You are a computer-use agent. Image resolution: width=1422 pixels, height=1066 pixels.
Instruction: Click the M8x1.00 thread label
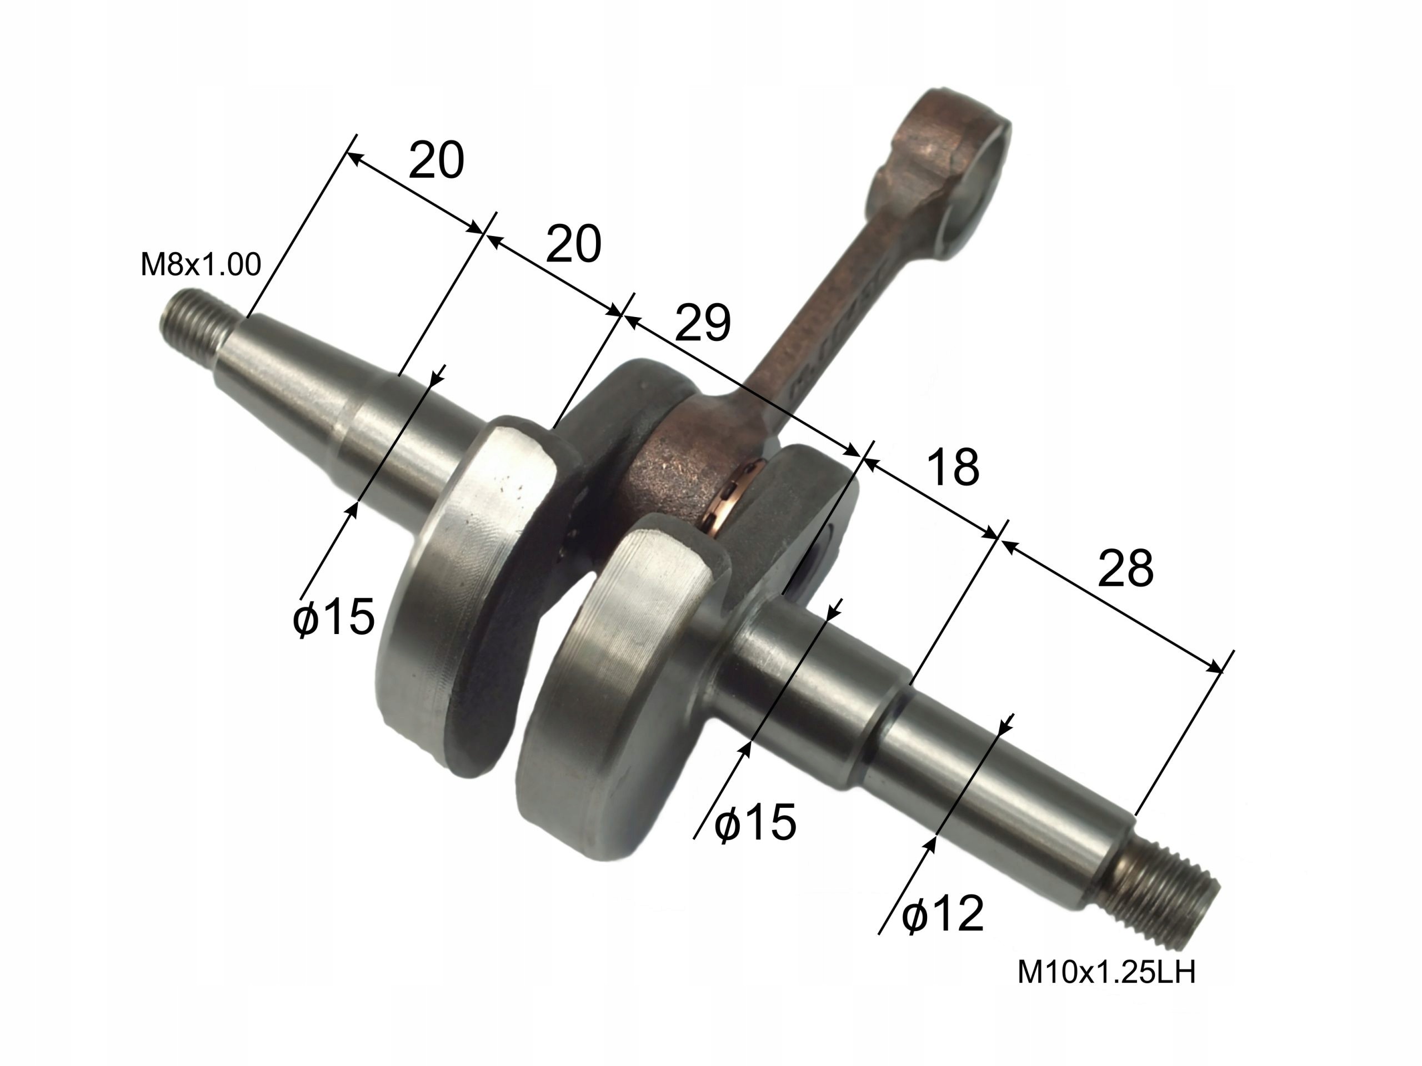(x=201, y=265)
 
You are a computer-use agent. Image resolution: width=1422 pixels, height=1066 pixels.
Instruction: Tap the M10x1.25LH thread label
(x=1106, y=973)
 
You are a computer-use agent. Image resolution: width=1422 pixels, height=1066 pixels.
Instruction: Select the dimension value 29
(x=702, y=323)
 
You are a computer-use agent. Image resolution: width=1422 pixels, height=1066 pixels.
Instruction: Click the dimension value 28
(x=1125, y=569)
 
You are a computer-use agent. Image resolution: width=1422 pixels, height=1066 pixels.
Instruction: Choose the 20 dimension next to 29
(x=573, y=244)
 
